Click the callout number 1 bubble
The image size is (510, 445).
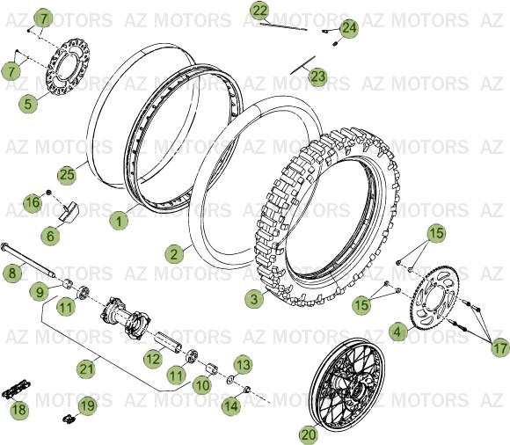pos(118,222)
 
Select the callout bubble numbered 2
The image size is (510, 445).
pos(175,253)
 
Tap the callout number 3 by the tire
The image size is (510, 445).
pos(254,299)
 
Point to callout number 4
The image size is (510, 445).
pos(397,332)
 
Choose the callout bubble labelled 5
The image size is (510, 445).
pos(29,103)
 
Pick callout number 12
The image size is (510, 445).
pos(152,358)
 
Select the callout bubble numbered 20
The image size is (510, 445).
pos(308,433)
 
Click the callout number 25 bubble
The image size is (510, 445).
pos(67,174)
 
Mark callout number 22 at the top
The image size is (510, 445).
pos(259,11)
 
